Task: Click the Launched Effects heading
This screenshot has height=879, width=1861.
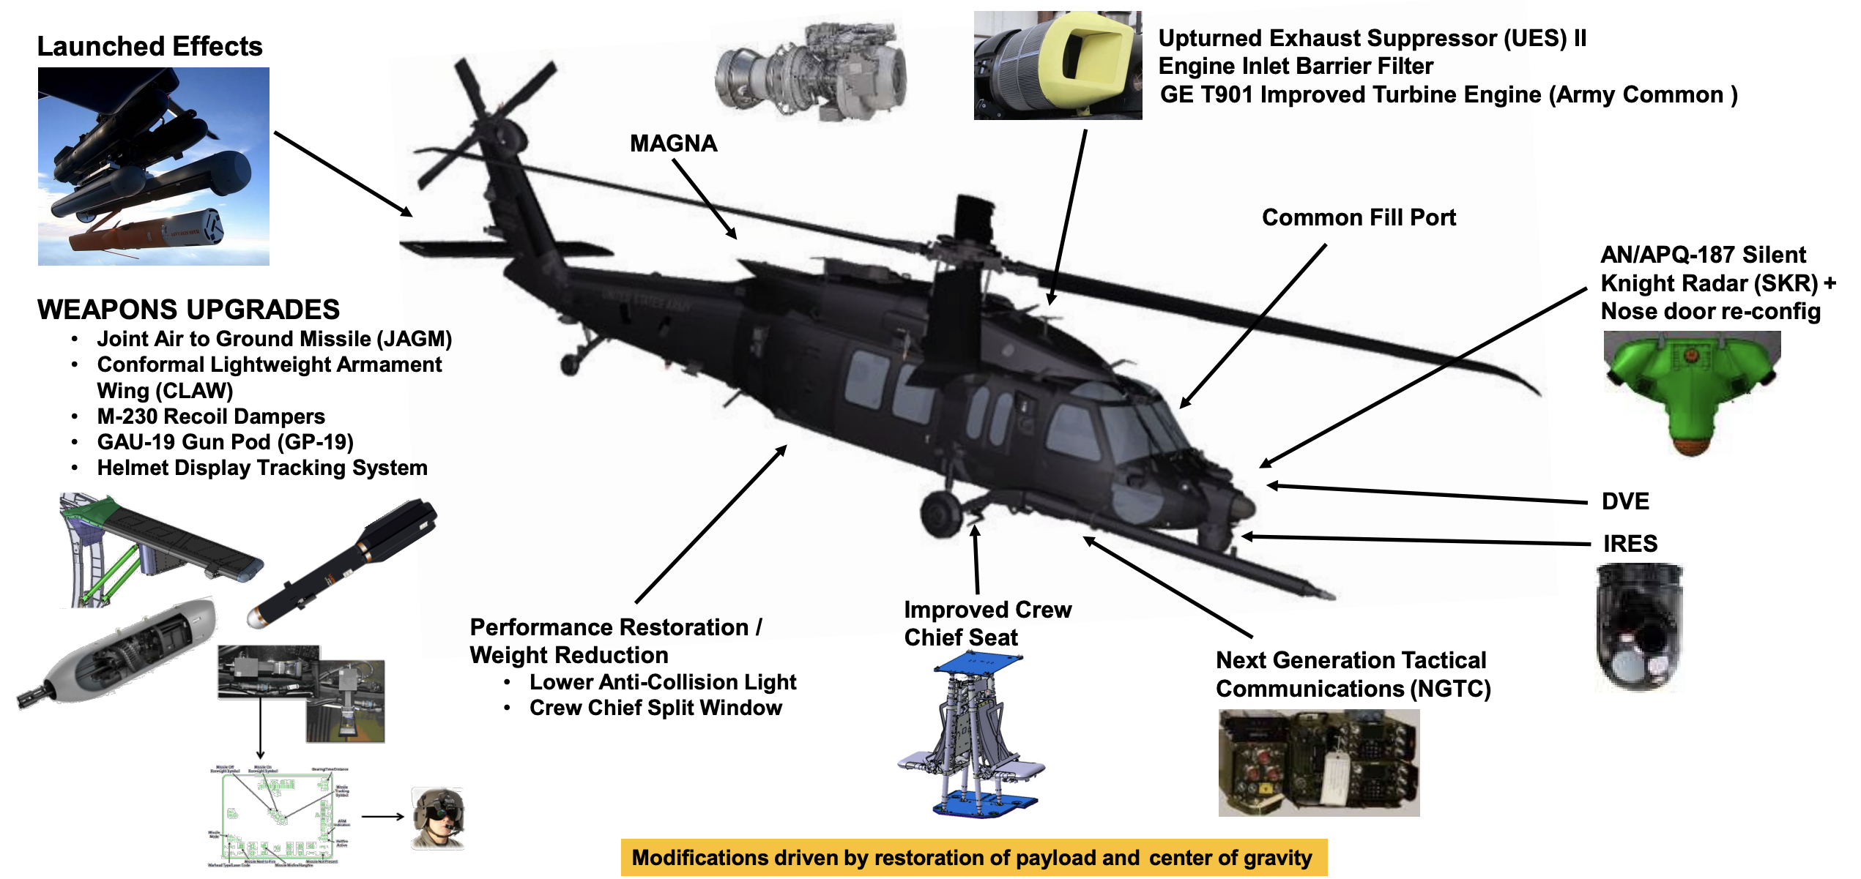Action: pos(149,47)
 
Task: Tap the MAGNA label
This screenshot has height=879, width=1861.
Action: pos(673,143)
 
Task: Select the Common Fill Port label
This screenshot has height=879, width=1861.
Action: pos(1359,217)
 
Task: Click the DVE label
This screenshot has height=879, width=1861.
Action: pos(1625,501)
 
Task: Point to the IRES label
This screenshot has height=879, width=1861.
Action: pos(1630,544)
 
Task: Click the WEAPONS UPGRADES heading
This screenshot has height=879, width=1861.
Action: pos(188,310)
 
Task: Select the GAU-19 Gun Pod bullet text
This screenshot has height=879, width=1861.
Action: pos(225,442)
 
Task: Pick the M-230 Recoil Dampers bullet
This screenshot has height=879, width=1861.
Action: pos(211,416)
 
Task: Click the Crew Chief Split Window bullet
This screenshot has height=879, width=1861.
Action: pos(655,708)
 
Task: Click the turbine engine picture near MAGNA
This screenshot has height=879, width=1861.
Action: pos(810,73)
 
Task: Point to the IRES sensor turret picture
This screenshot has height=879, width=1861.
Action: pos(1639,626)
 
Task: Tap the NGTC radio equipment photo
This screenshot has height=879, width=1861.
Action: pos(1318,763)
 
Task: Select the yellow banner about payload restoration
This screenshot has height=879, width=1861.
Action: pos(973,858)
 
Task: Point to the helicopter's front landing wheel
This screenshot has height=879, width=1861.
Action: pos(940,514)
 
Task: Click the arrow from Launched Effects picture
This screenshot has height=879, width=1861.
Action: pos(342,173)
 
